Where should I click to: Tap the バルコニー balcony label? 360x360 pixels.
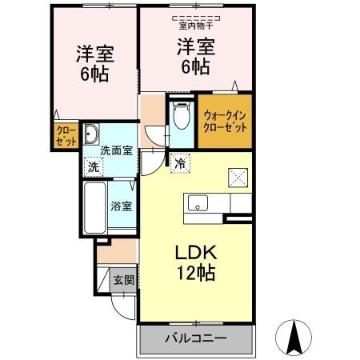click(195, 338)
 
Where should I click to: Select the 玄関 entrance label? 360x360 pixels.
click(122, 281)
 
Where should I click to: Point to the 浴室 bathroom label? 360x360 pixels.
click(122, 204)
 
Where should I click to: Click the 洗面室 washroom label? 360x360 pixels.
click(115, 150)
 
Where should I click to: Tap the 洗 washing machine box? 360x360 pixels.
click(94, 167)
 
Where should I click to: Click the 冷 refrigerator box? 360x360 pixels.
click(180, 163)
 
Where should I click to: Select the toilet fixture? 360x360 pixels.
click(180, 118)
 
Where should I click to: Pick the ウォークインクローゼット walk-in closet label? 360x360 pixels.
click(225, 122)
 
